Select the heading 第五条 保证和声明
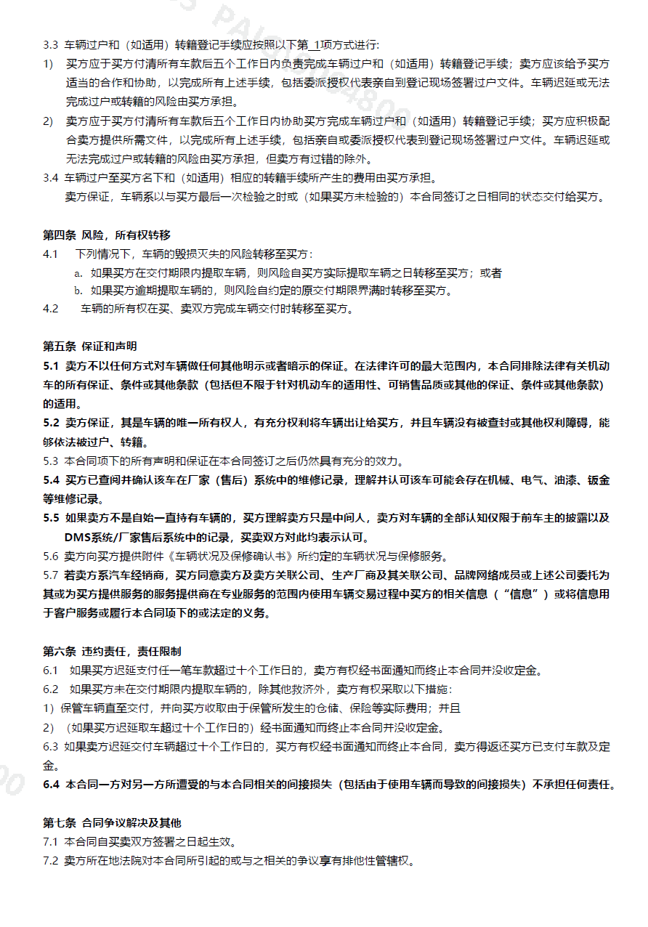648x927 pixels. point(89,346)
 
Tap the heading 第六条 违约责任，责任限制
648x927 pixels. point(112,651)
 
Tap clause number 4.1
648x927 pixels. point(51,254)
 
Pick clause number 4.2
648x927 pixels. point(51,309)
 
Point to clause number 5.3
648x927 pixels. point(51,461)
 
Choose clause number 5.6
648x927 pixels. point(51,556)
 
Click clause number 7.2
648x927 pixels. point(51,861)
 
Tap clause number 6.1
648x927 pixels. point(51,670)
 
